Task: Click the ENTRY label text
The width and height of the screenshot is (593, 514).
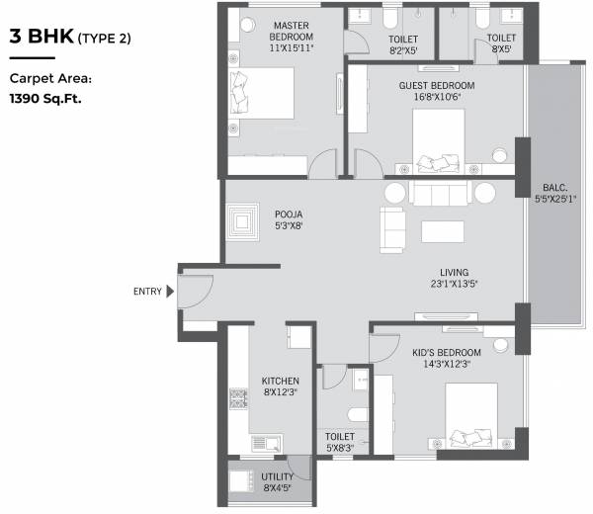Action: tap(147, 291)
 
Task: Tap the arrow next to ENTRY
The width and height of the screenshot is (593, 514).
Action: tap(170, 291)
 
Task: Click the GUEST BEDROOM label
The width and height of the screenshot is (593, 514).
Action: tap(437, 86)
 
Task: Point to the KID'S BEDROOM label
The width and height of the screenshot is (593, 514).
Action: tap(447, 353)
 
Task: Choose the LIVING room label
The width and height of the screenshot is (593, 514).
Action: tap(455, 273)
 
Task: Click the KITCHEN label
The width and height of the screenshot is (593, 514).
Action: tap(280, 381)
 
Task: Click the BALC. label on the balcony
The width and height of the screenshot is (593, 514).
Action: tap(553, 187)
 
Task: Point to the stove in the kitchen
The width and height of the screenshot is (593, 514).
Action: tap(238, 398)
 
